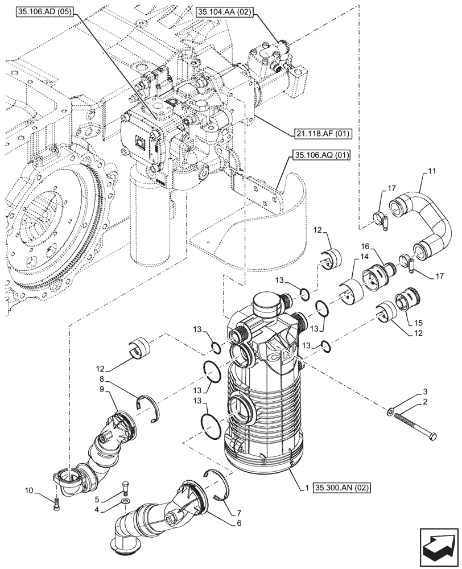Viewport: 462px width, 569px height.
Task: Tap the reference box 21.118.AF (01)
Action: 323,134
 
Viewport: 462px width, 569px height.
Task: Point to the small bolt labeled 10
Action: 56,503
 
